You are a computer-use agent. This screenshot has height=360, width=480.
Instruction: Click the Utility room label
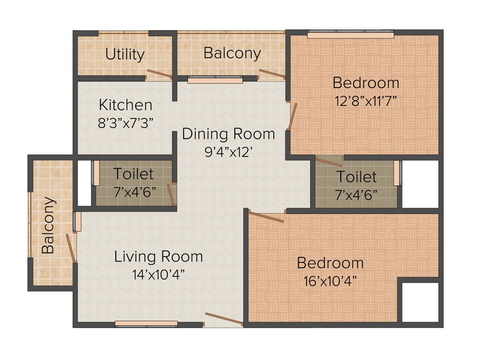(x=125, y=54)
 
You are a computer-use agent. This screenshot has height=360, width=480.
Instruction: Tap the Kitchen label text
(x=125, y=105)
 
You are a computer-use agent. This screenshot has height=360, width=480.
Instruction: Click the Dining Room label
(x=228, y=134)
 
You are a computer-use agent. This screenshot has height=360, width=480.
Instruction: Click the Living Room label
(x=158, y=256)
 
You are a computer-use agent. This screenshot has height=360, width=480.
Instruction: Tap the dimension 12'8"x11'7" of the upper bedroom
(x=366, y=101)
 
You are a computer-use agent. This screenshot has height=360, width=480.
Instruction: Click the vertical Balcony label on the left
(x=48, y=225)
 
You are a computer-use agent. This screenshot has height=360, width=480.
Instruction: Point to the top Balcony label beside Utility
(x=232, y=53)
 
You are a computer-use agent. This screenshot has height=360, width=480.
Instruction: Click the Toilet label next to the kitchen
(x=133, y=174)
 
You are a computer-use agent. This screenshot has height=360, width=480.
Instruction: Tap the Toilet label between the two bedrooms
(x=356, y=177)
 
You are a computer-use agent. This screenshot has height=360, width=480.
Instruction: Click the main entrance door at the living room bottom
(x=224, y=319)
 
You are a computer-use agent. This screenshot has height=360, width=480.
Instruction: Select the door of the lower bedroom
(x=266, y=217)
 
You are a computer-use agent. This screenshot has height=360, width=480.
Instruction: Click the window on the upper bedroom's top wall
(x=350, y=35)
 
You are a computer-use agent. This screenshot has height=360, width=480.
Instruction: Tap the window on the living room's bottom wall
(x=146, y=323)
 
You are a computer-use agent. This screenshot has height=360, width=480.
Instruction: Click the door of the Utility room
(x=159, y=74)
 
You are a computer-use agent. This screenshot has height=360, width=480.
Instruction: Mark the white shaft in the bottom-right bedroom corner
(x=420, y=302)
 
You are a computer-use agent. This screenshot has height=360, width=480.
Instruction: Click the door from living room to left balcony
(x=71, y=247)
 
